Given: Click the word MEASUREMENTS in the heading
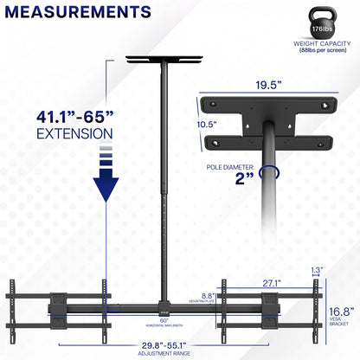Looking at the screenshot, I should tap(77, 14).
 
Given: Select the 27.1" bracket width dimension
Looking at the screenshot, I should tap(273, 282).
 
